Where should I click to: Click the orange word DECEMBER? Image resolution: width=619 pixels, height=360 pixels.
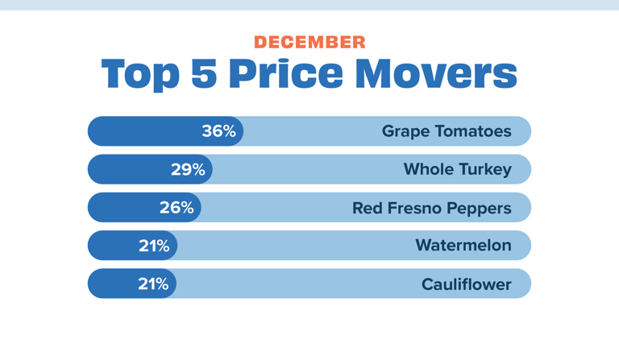point(309,42)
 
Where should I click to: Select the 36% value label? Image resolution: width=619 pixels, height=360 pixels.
point(218,131)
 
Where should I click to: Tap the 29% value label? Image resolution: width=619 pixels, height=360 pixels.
point(188,169)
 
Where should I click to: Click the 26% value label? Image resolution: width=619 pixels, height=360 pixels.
point(177,208)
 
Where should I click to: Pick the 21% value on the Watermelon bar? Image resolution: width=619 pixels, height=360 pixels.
point(153,246)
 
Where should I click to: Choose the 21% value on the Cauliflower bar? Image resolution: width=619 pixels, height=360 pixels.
point(152,283)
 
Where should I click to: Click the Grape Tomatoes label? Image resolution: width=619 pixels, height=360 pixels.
point(447,131)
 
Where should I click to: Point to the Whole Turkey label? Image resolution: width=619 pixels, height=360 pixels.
point(457,169)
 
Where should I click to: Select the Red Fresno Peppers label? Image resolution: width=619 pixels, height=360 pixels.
point(431,208)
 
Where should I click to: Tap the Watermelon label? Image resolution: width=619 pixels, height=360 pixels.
point(463,246)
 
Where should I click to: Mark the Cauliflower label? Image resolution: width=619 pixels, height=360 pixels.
point(466,284)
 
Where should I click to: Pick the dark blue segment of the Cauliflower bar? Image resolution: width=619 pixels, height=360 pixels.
point(113,283)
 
